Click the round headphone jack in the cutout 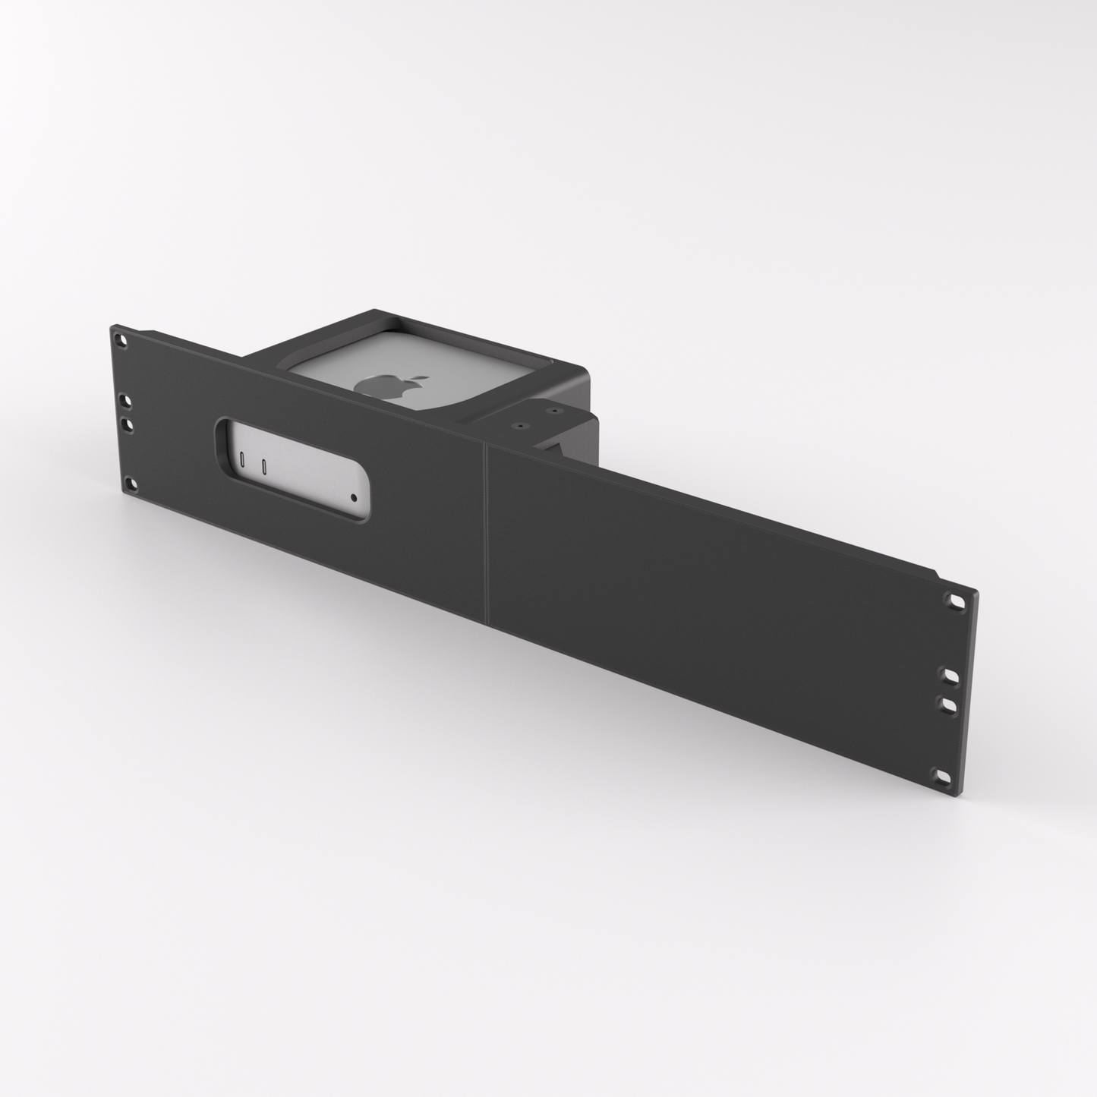(x=355, y=498)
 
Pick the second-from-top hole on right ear (x=950, y=674)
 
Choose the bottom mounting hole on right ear (x=944, y=776)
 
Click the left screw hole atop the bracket (x=521, y=427)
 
